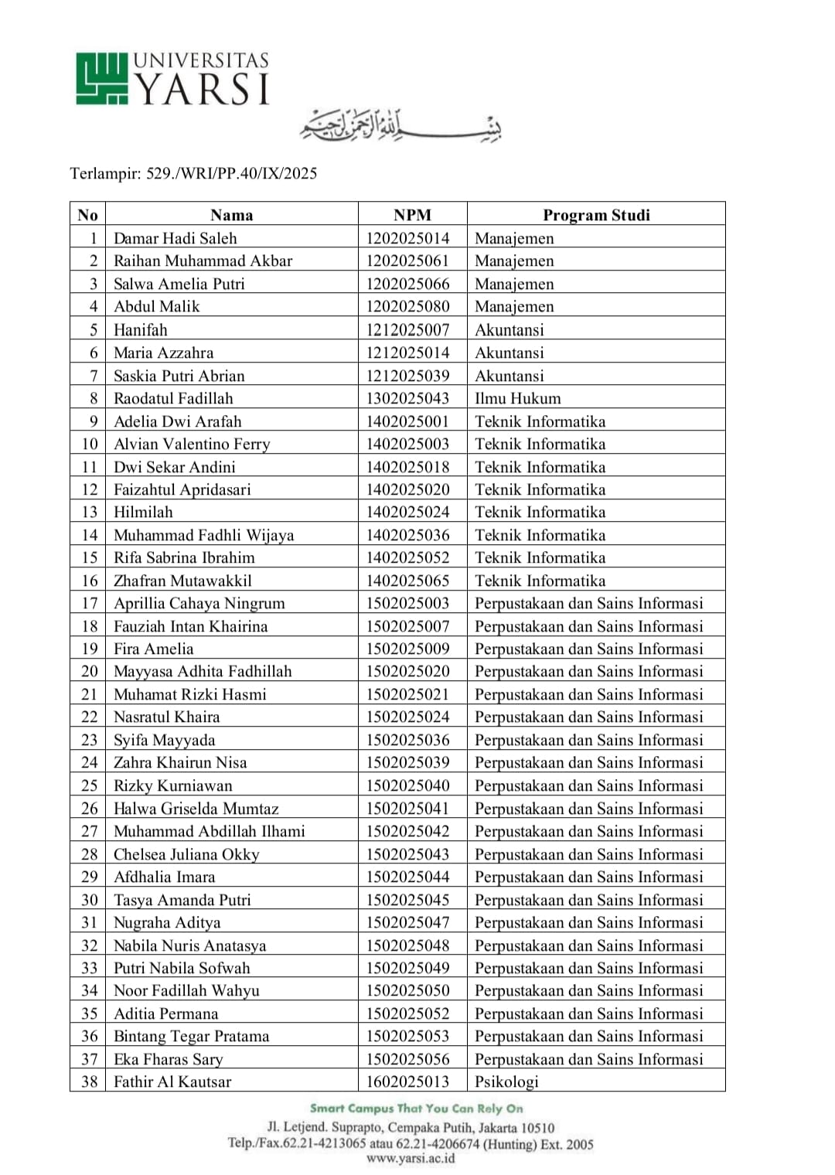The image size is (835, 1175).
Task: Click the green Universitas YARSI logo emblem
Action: coord(101,78)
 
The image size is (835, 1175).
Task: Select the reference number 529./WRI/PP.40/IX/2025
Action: coord(232,173)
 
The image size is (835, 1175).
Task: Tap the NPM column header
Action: coord(412,215)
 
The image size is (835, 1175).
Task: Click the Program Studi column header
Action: coord(596,215)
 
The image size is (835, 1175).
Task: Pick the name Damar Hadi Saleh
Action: coord(176,238)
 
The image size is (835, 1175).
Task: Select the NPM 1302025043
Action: coord(407,398)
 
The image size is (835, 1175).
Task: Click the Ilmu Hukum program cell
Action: coord(518,398)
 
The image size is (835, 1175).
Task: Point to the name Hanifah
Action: coord(141,330)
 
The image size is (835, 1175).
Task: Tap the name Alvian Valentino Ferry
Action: coord(192,444)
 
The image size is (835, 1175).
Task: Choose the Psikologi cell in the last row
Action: coord(506,1081)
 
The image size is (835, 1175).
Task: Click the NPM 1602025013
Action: coord(407,1081)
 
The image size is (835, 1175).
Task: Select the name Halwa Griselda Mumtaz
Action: coord(196,809)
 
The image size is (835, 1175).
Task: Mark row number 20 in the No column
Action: coord(90,671)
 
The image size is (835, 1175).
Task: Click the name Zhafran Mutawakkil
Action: coord(182,581)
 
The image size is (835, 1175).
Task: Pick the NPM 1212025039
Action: coord(407,376)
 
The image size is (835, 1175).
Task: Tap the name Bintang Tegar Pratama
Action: coord(192,1036)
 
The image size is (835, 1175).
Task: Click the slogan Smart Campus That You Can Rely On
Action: coord(417,1109)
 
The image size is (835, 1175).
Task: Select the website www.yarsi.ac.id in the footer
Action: coord(411,1158)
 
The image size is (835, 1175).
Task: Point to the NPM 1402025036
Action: coord(407,535)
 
